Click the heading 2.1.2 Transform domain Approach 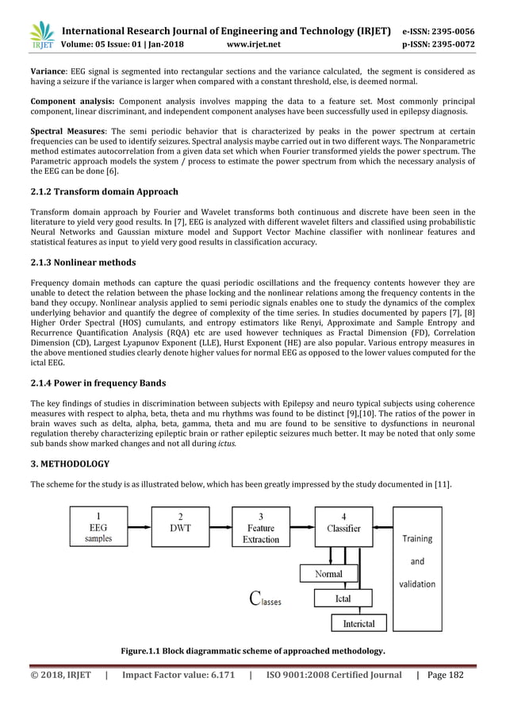click(x=104, y=191)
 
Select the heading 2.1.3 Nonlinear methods click(x=82, y=262)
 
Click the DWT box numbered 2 click(x=181, y=526)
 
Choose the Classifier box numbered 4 click(x=343, y=526)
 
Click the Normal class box click(x=329, y=573)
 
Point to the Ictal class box click(x=343, y=598)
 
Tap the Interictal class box click(x=358, y=624)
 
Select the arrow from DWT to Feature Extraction click(x=220, y=526)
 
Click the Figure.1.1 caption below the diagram click(x=252, y=652)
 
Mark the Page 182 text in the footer click(x=452, y=696)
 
